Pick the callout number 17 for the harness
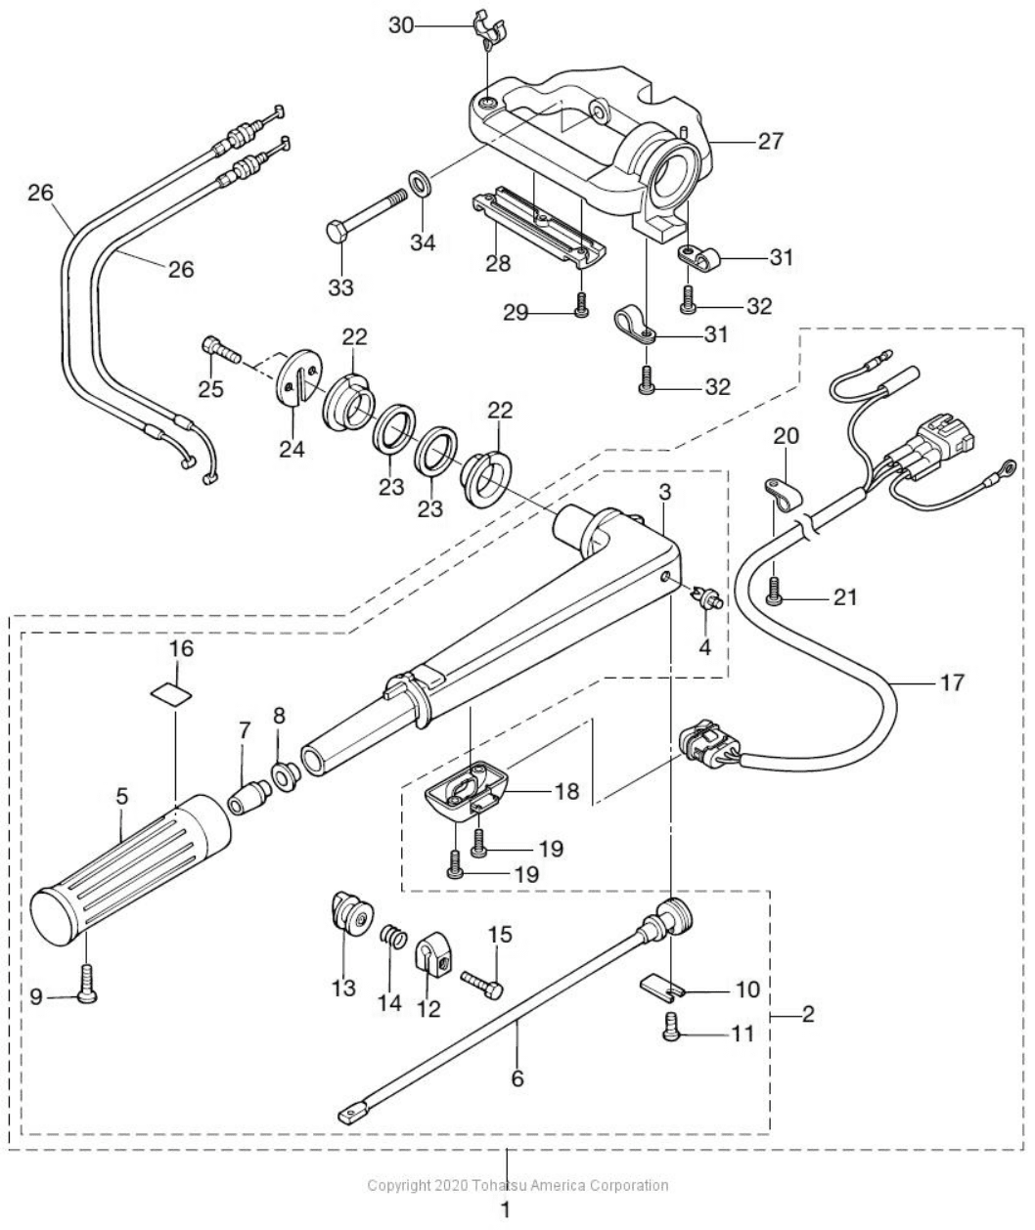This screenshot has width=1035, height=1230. click(x=950, y=681)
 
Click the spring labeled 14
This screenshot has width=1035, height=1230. click(x=393, y=938)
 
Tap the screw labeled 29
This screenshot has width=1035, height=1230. click(x=581, y=305)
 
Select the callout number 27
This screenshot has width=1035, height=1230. click(x=771, y=142)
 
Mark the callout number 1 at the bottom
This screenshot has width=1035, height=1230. click(x=506, y=1210)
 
